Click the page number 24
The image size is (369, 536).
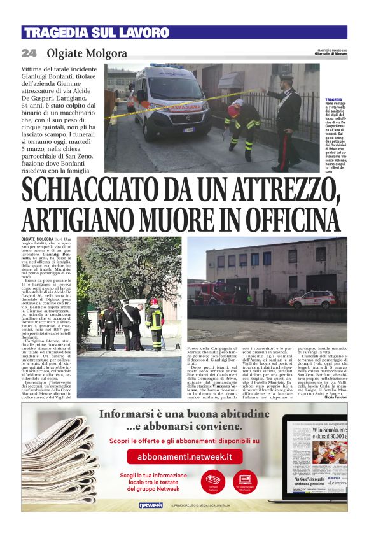[x=29, y=53]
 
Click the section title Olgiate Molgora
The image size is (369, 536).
[x=86, y=53]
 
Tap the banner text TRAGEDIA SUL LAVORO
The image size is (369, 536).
[x=96, y=32]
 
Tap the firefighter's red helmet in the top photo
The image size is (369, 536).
[x=237, y=103]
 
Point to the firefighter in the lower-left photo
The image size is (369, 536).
[x=154, y=325]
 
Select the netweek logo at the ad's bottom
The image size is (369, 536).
[x=151, y=505]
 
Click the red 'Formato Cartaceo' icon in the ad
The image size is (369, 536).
[x=213, y=480]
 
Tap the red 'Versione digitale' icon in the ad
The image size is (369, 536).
[x=245, y=480]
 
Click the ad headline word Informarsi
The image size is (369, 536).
[x=128, y=414]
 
